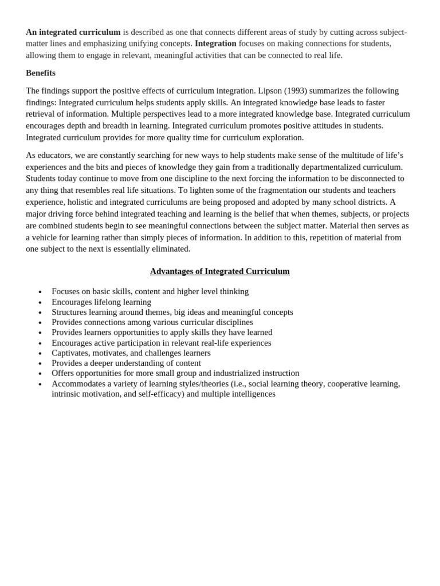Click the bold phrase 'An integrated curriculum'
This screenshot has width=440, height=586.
coord(73,32)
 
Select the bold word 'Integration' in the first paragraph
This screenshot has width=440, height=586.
coord(215,43)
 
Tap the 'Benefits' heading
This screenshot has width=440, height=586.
coord(41,73)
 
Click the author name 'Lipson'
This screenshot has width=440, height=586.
coord(270,90)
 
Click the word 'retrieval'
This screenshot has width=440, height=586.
coord(42,114)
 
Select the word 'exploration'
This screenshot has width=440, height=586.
coord(282,137)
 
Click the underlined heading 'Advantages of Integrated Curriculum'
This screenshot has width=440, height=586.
coord(220,271)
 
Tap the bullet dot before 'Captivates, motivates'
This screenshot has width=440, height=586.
coord(40,354)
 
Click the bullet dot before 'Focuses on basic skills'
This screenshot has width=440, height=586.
coord(40,292)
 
